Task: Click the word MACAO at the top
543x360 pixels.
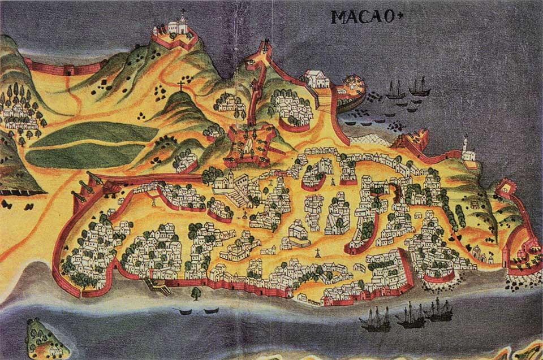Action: pyautogui.click(x=355, y=16)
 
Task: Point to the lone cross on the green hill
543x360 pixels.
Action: pyautogui.click(x=182, y=86)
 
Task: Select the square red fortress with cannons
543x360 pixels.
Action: pyautogui.click(x=247, y=144)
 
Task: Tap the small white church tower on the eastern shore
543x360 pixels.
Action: pyautogui.click(x=466, y=148)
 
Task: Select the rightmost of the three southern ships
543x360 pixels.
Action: pyautogui.click(x=440, y=309)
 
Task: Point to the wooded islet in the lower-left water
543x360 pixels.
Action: pyautogui.click(x=45, y=339)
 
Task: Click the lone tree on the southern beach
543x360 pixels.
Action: pyautogui.click(x=196, y=293)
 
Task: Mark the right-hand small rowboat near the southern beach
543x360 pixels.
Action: pyautogui.click(x=211, y=310)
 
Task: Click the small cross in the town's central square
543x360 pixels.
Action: pyautogui.click(x=318, y=252)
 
